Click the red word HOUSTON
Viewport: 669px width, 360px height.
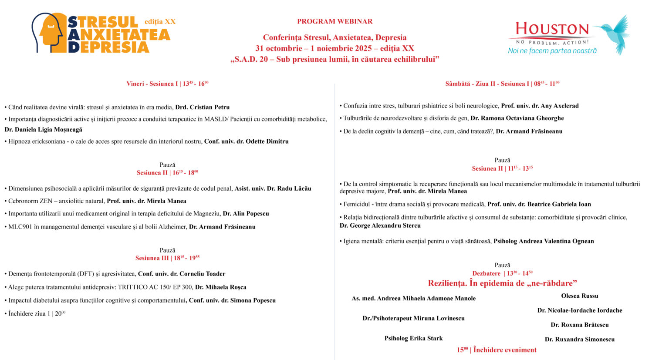pos(552,30)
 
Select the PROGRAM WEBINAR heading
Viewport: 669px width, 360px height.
pos(334,21)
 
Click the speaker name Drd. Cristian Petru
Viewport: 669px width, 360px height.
pos(202,107)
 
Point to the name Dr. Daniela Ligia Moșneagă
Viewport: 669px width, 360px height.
pos(44,129)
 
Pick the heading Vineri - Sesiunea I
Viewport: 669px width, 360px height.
pos(167,84)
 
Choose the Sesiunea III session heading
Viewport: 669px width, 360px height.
pos(167,258)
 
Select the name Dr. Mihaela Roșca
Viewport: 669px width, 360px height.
pos(220,287)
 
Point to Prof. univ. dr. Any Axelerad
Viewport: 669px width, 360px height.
pos(540,106)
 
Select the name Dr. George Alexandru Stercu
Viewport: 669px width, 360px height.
pos(380,225)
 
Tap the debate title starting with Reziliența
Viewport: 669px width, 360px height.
pos(502,283)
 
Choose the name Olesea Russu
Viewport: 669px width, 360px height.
pos(579,296)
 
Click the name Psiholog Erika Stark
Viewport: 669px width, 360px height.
pos(413,338)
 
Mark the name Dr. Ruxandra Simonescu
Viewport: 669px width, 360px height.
pos(579,340)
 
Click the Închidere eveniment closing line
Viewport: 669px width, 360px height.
pos(497,350)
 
